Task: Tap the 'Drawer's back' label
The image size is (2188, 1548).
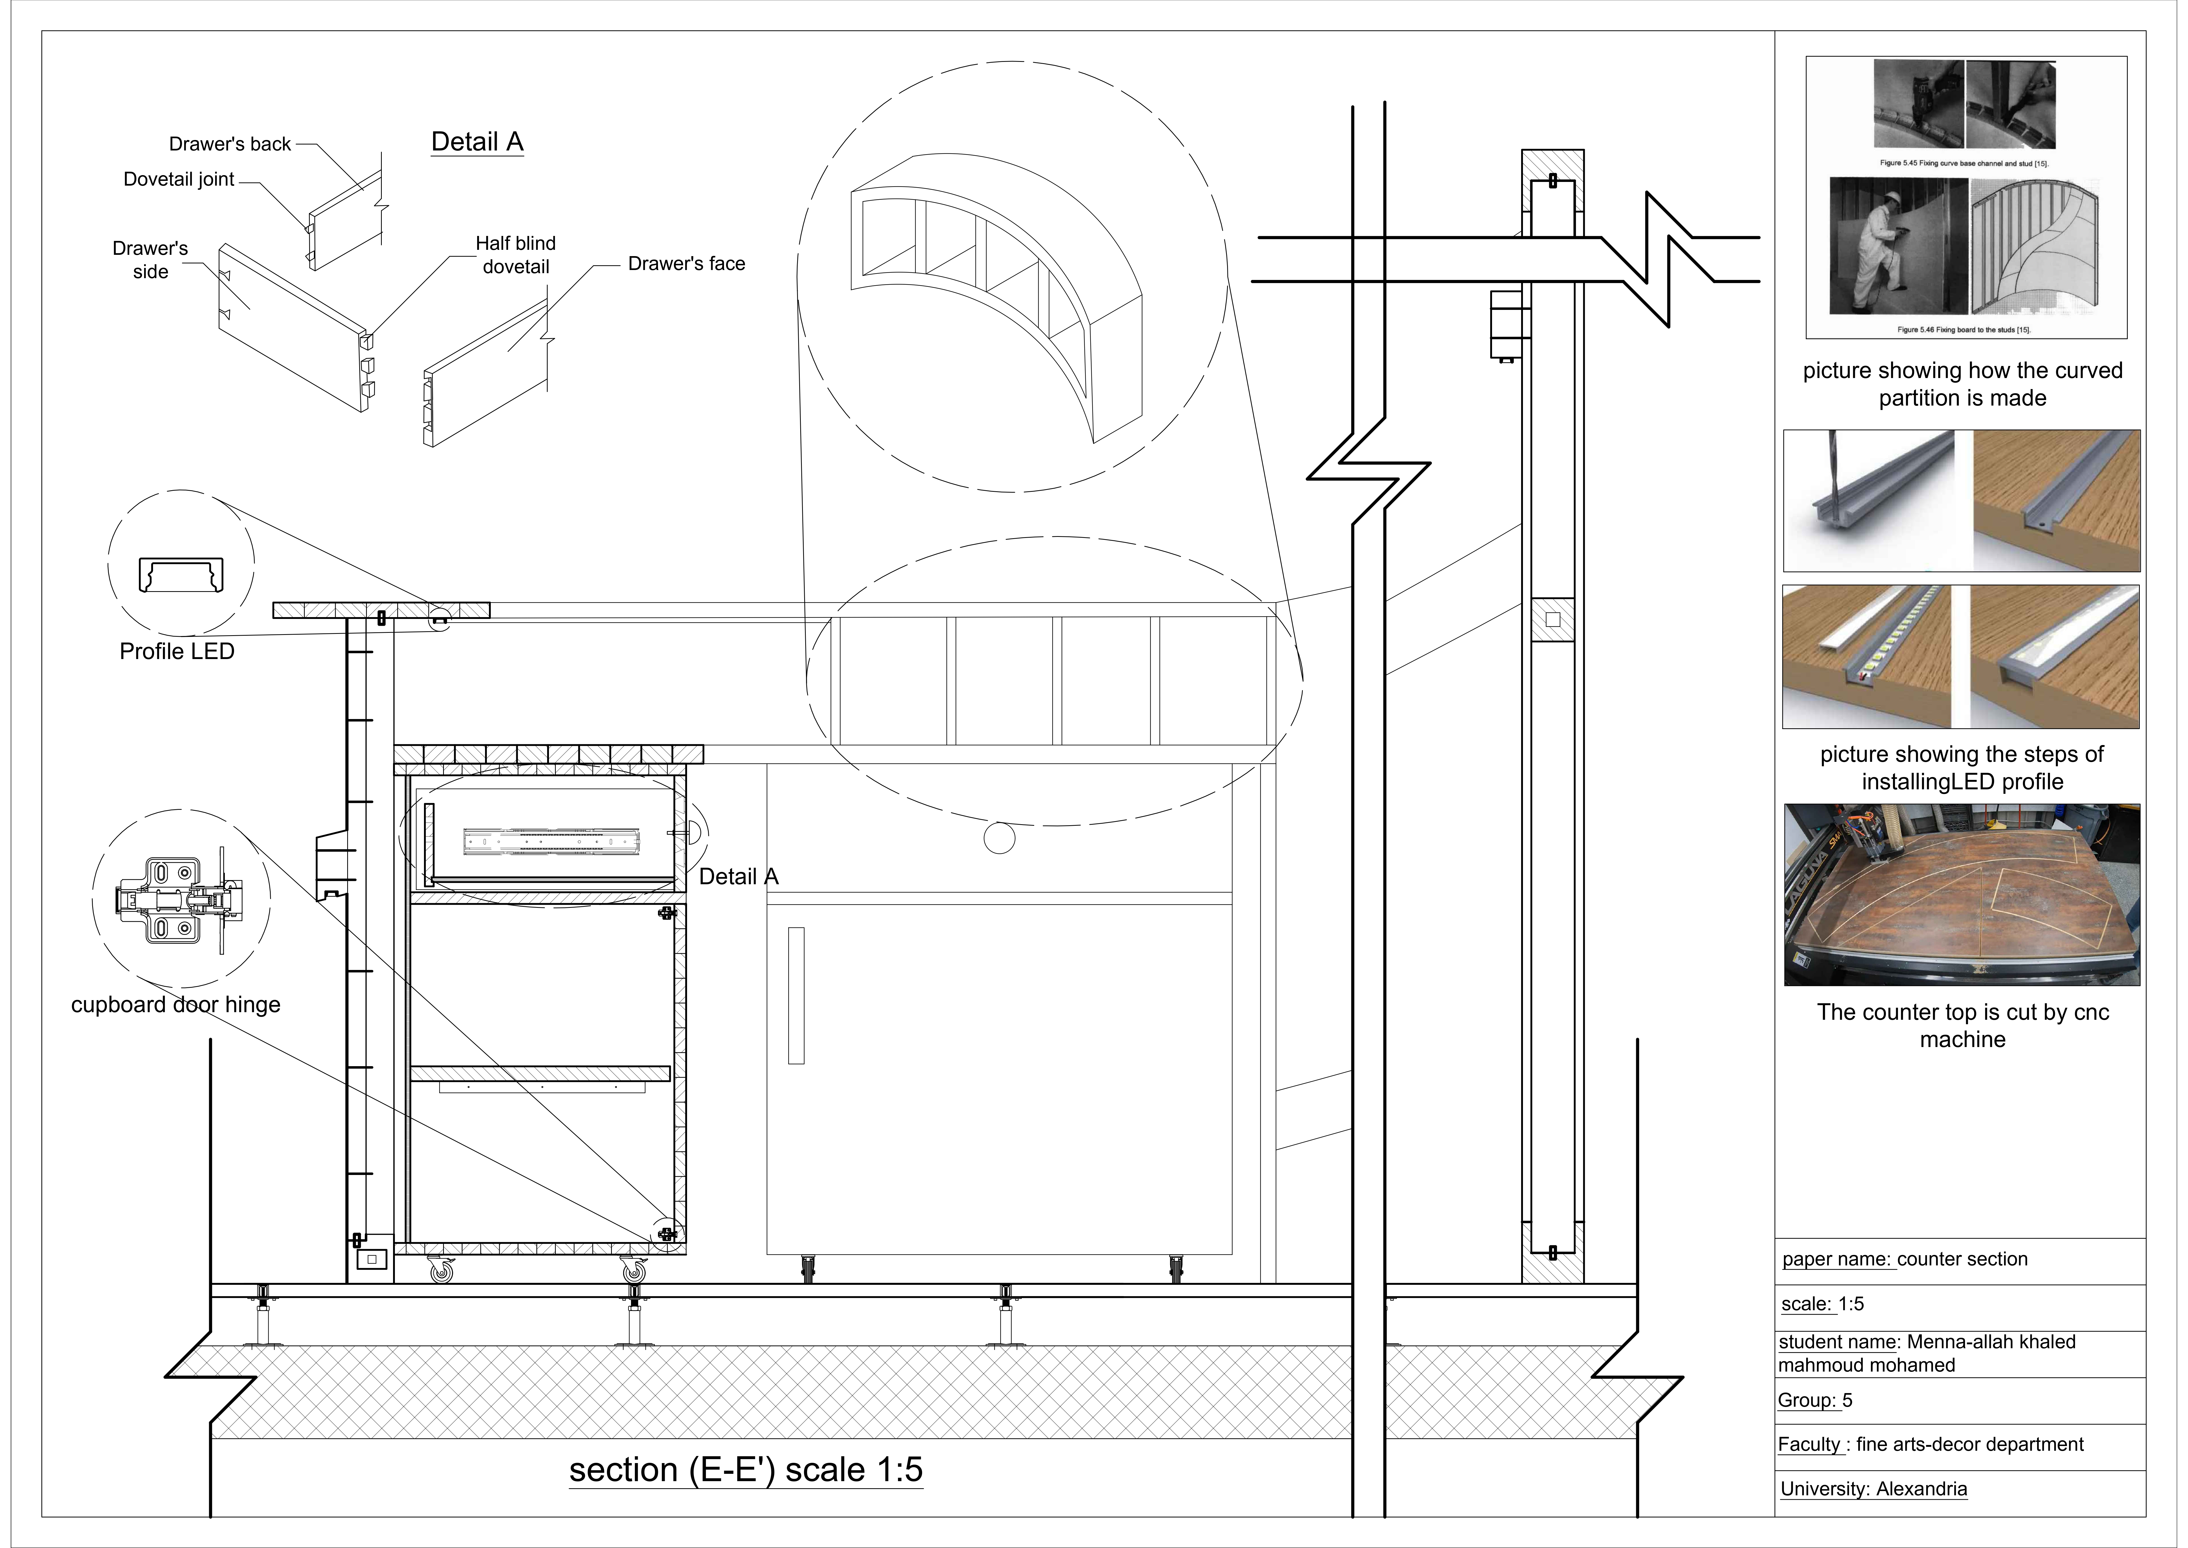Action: coord(230,144)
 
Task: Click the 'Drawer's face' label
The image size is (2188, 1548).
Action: coord(686,264)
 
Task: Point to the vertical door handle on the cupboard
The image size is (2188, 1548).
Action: coord(797,995)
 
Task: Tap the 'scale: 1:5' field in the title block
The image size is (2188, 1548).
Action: coord(1822,1304)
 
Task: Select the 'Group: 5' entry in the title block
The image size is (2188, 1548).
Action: coord(1814,1400)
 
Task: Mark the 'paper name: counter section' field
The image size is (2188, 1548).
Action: coord(1904,1259)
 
